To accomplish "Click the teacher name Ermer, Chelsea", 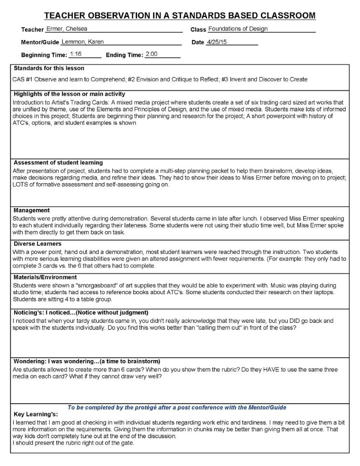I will coord(64,29).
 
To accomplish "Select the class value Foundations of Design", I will coord(238,29).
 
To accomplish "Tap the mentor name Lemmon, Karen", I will coord(82,42).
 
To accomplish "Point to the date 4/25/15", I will coord(216,42).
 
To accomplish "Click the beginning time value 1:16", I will coord(76,54).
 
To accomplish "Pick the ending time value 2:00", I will coord(151,54).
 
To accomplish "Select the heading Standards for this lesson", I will coord(49,69).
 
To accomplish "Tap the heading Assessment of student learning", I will coord(58,163).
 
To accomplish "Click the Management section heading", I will coord(31,210).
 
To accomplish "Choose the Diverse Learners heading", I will coord(37,244).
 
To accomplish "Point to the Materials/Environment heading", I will coord(45,277).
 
